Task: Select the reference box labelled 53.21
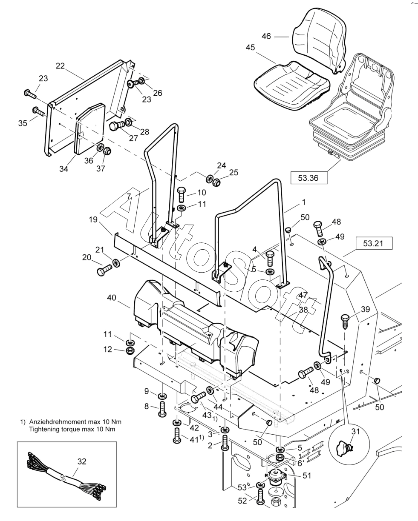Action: pyautogui.click(x=373, y=244)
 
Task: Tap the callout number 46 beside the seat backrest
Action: pyautogui.click(x=266, y=37)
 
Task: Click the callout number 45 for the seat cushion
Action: pyautogui.click(x=250, y=48)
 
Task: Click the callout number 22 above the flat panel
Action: pyautogui.click(x=60, y=65)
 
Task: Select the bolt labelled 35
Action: pyautogui.click(x=38, y=112)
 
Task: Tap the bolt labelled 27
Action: pyautogui.click(x=117, y=126)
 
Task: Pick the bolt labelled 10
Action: pyautogui.click(x=181, y=194)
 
